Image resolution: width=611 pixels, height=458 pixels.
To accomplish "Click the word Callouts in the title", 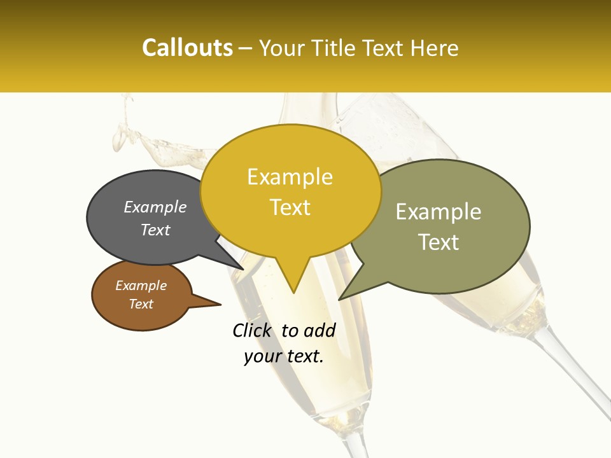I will click(x=187, y=48).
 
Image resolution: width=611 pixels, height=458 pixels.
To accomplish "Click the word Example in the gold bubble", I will click(x=290, y=177).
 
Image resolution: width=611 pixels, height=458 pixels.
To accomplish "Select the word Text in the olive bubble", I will click(x=439, y=242).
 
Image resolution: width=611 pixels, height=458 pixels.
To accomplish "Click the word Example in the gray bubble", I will click(x=155, y=207).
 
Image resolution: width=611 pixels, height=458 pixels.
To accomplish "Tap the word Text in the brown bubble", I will click(x=141, y=304).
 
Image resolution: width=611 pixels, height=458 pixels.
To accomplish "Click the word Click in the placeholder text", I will click(x=252, y=330).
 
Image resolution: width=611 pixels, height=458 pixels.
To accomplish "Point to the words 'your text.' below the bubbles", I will click(x=284, y=356).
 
